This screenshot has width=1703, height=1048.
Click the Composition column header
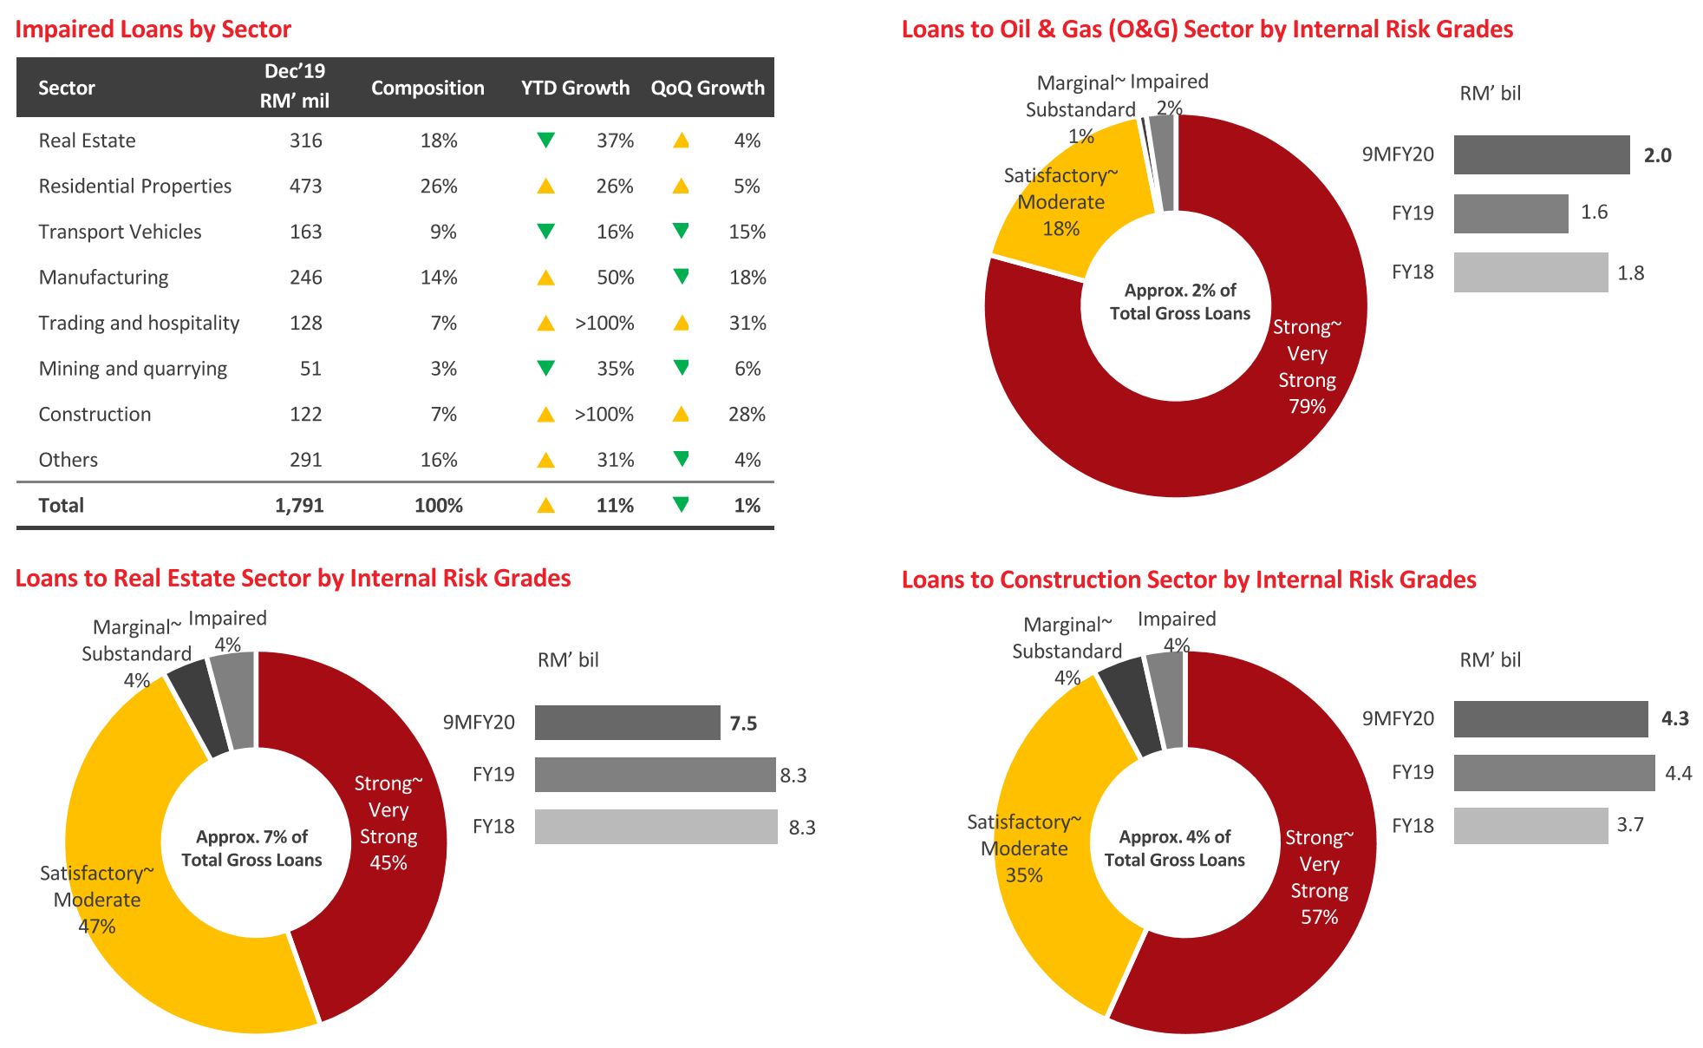(427, 88)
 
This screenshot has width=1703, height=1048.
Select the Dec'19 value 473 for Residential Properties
(305, 186)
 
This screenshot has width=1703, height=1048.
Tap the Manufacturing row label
(103, 277)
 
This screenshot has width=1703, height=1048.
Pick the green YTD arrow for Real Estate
(545, 140)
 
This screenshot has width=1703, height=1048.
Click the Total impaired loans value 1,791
(299, 505)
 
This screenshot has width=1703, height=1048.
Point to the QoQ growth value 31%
(747, 323)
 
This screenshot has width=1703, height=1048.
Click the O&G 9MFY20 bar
(1541, 154)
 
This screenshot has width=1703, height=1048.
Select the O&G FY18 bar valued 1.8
(1530, 272)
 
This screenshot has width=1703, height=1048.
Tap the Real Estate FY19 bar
(655, 775)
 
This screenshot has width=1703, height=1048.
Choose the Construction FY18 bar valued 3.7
(1530, 825)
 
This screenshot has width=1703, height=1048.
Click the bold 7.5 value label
(743, 724)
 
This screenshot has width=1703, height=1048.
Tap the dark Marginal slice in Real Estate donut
(197, 706)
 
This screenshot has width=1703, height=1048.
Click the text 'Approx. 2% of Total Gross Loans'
(1179, 302)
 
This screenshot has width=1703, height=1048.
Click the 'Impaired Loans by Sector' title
(153, 29)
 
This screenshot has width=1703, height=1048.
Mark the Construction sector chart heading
(1188, 580)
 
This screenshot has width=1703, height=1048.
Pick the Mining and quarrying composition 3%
(443, 369)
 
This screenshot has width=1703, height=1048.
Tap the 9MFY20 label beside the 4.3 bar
(1398, 718)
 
